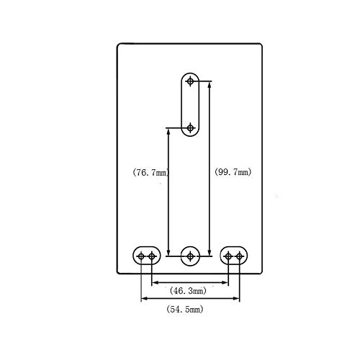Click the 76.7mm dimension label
pyautogui.click(x=150, y=172)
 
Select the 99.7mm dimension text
pyautogui.click(x=233, y=172)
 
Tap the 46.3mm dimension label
pyautogui.click(x=188, y=291)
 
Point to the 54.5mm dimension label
pyautogui.click(x=185, y=309)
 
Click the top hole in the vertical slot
pyautogui.click(x=190, y=81)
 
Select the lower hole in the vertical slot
pyautogui.click(x=190, y=128)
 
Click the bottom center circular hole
pyautogui.click(x=190, y=256)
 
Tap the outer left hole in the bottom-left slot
pyautogui.click(x=141, y=256)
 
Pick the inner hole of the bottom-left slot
pyautogui.click(x=152, y=256)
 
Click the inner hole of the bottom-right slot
pyautogui.click(x=228, y=256)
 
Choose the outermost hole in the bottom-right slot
pyautogui.click(x=239, y=256)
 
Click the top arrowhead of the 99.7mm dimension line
pyautogui.click(x=210, y=84)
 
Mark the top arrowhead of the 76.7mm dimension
pyautogui.click(x=168, y=132)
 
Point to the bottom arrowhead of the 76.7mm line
pyautogui.click(x=168, y=253)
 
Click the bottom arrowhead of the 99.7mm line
pyautogui.click(x=210, y=253)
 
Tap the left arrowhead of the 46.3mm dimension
pyautogui.click(x=155, y=282)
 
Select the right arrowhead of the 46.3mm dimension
pyautogui.click(x=225, y=282)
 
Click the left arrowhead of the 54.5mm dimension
pyautogui.click(x=145, y=299)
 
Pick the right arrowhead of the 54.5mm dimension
pyautogui.click(x=236, y=299)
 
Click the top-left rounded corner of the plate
pyautogui.click(x=118, y=45)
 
